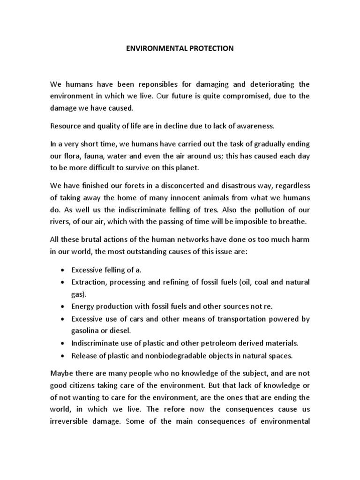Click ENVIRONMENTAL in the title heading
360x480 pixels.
tap(153, 48)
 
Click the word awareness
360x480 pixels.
tap(250, 126)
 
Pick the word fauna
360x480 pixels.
tap(96, 156)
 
